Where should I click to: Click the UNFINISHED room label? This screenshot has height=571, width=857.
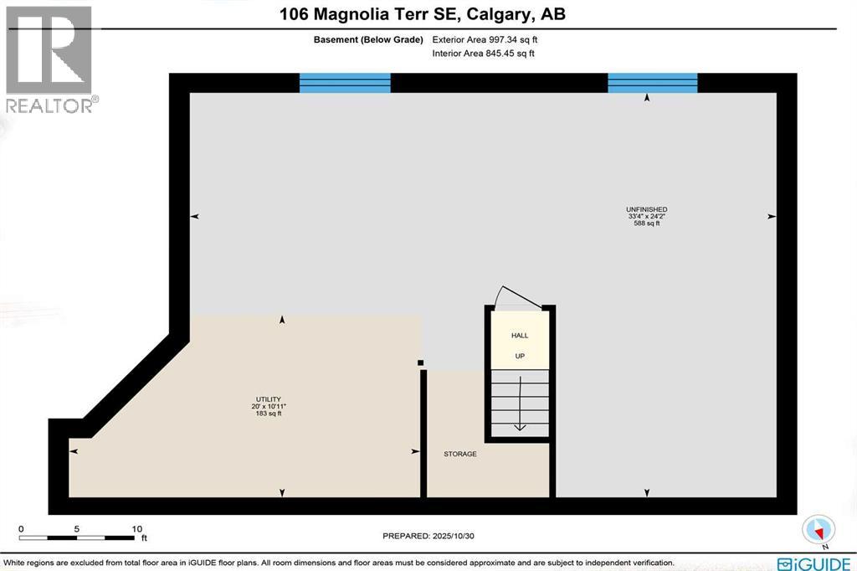pyautogui.click(x=647, y=208)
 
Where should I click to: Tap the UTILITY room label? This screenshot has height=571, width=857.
pyautogui.click(x=268, y=399)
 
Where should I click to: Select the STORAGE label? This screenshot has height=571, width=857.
pyautogui.click(x=460, y=454)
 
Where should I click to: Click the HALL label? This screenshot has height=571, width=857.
pyautogui.click(x=520, y=336)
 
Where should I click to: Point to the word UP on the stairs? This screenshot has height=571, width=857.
pyautogui.click(x=520, y=356)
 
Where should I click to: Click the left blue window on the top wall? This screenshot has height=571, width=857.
pyautogui.click(x=345, y=82)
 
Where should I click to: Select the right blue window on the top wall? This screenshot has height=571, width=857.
pyautogui.click(x=652, y=82)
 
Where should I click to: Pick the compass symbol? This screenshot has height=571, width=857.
pyautogui.click(x=819, y=528)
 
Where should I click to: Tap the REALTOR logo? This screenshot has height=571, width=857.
pyautogui.click(x=49, y=59)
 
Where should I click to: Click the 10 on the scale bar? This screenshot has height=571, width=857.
pyautogui.click(x=136, y=528)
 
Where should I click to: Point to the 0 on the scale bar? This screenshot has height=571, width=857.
pyautogui.click(x=21, y=528)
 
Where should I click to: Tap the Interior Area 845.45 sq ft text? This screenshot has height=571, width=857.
pyautogui.click(x=483, y=53)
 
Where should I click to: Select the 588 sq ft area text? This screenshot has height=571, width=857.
pyautogui.click(x=647, y=224)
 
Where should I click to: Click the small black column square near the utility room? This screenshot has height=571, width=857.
pyautogui.click(x=421, y=363)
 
